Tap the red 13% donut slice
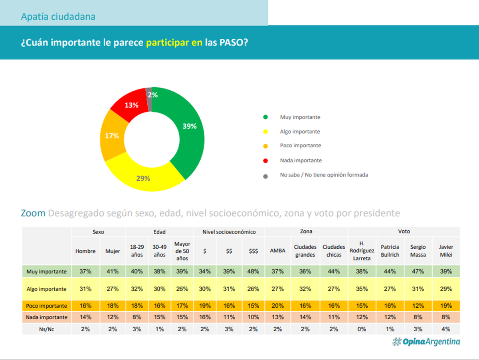pyautogui.click(x=131, y=105)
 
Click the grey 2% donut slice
pyautogui.click(x=149, y=99)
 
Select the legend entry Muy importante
pyautogui.click(x=300, y=117)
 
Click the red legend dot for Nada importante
pyautogui.click(x=265, y=161)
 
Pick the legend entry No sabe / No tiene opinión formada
pyautogui.click(x=324, y=175)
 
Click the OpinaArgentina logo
pyautogui.click(x=426, y=342)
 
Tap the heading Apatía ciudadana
pyautogui.click(x=58, y=17)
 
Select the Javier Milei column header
pyautogui.click(x=446, y=251)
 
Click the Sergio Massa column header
pyautogui.click(x=418, y=251)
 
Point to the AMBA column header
pyautogui.click(x=277, y=251)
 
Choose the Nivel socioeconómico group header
pyautogui.click(x=229, y=232)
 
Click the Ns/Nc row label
pyautogui.click(x=46, y=329)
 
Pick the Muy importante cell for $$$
pyautogui.click(x=253, y=271)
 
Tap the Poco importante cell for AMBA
pyautogui.click(x=277, y=306)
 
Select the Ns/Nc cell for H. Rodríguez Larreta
pyautogui.click(x=362, y=329)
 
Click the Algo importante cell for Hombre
pyautogui.click(x=85, y=289)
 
